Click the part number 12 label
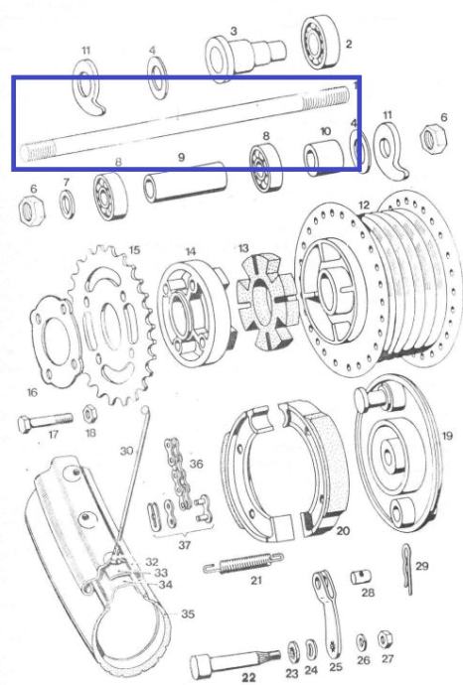[x=364, y=205]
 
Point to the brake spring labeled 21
[x=243, y=563]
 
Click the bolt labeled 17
[x=45, y=422]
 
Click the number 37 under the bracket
[x=185, y=545]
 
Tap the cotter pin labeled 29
[x=407, y=569]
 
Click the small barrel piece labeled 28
[x=362, y=577]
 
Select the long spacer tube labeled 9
[x=185, y=183]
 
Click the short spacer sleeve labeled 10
[x=324, y=158]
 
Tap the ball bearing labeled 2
[x=321, y=43]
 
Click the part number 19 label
[x=447, y=436]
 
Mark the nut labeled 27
[x=385, y=639]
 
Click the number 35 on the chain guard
[x=188, y=614]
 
